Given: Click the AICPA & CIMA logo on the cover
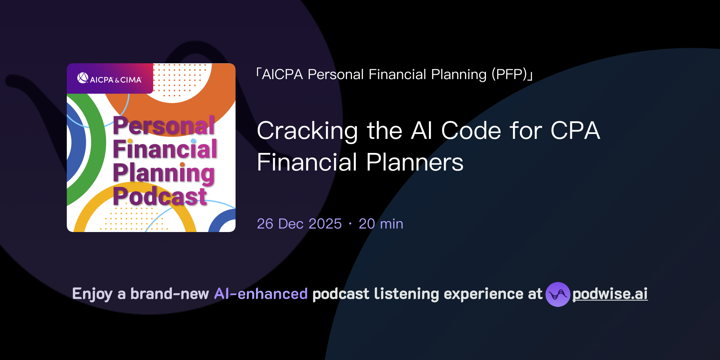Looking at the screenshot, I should pyautogui.click(x=109, y=79).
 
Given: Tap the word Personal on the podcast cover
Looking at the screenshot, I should pyautogui.click(x=163, y=126).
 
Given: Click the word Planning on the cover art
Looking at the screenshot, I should pyautogui.click(x=163, y=173).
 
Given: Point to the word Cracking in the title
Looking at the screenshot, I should pyautogui.click(x=307, y=131).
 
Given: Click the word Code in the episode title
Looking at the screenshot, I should pyautogui.click(x=471, y=130).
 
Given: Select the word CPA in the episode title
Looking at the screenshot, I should pyautogui.click(x=575, y=130).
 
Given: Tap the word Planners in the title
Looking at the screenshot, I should pyautogui.click(x=414, y=162).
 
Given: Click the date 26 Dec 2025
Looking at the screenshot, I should pyautogui.click(x=299, y=224).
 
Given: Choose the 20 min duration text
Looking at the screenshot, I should pyautogui.click(x=381, y=224).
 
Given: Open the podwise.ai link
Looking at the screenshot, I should pyautogui.click(x=610, y=294).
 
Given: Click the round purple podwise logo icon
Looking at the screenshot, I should pyautogui.click(x=558, y=294).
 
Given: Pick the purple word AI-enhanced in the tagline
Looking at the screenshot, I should pyautogui.click(x=261, y=294).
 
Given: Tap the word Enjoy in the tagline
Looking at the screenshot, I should pyautogui.click(x=92, y=294).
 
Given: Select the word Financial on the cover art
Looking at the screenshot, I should pyautogui.click(x=165, y=149).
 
